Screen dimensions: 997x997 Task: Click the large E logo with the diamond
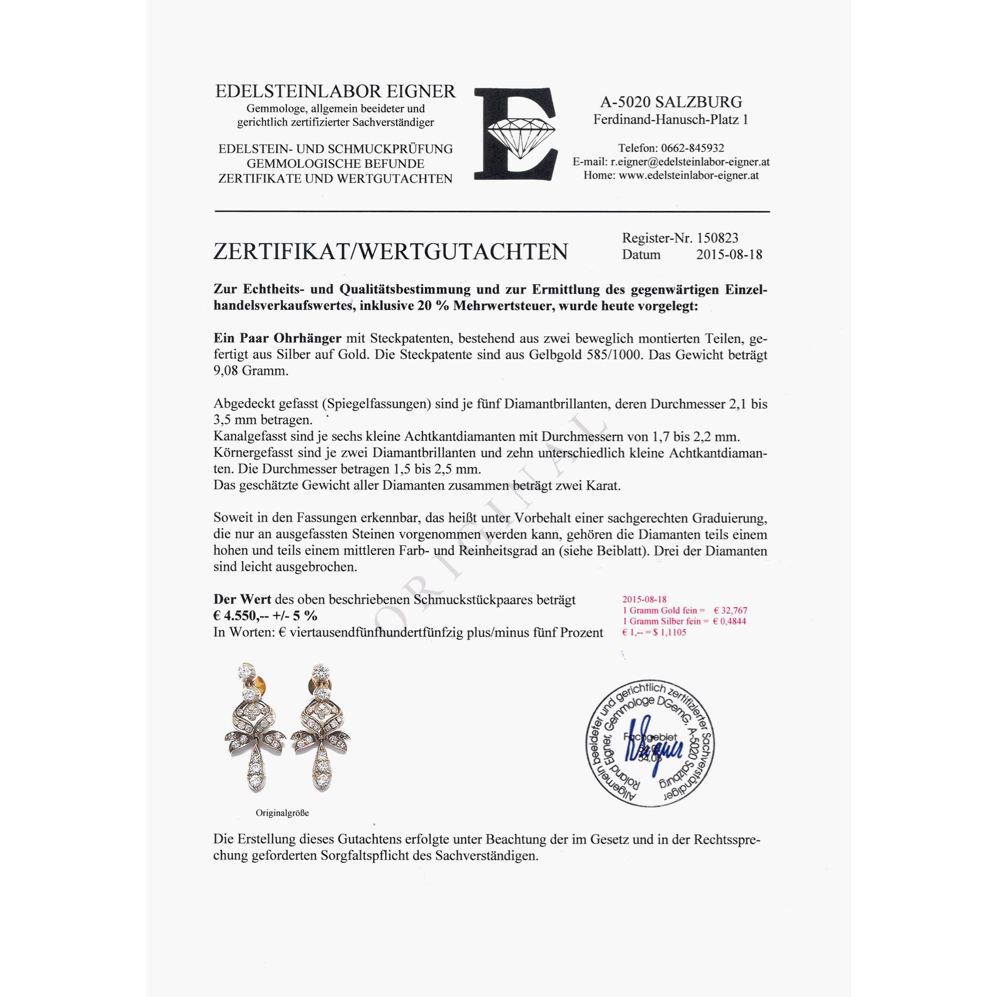tap(515, 135)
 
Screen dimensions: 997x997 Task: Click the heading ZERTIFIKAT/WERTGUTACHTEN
tap(390, 252)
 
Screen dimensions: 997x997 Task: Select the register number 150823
tap(717, 238)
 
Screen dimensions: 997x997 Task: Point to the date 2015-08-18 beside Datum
tap(729, 254)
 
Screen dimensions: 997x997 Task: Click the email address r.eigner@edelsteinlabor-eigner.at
tap(690, 162)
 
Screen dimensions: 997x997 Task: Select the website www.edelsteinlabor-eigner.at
tap(688, 175)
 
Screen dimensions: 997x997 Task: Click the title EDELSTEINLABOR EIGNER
tap(335, 91)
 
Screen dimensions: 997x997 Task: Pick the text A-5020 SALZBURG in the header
tap(671, 102)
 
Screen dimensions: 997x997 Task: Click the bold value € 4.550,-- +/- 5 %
tap(265, 616)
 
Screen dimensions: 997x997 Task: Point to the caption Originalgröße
tap(282, 813)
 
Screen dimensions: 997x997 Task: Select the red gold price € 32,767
tap(730, 611)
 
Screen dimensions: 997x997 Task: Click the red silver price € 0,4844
tap(729, 621)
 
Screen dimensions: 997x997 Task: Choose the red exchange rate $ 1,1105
tap(669, 633)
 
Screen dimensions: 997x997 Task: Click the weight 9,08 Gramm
tap(251, 371)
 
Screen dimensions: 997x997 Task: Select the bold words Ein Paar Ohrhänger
tap(278, 338)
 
